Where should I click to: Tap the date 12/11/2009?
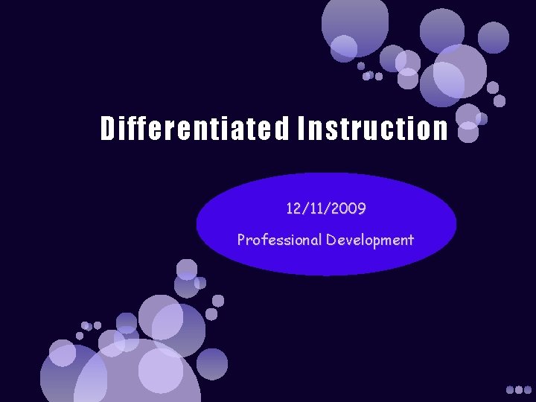click(325, 209)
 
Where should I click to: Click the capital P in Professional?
click(241, 240)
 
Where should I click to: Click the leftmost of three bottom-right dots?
click(511, 389)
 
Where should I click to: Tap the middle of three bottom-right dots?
click(520, 389)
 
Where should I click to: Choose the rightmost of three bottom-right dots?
click(529, 389)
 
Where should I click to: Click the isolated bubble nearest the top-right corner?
click(494, 36)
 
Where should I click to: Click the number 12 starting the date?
click(293, 209)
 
